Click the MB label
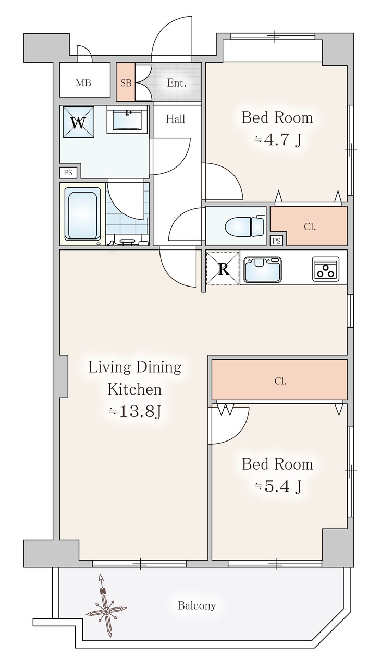(x=83, y=82)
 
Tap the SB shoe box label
(x=126, y=82)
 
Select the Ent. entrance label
(x=177, y=82)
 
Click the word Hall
(x=176, y=119)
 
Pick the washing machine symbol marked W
(x=79, y=122)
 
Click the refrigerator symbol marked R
(x=224, y=268)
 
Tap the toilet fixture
(x=245, y=226)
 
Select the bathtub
(x=84, y=214)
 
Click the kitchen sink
(x=263, y=269)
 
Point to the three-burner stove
(x=326, y=269)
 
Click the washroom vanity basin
(x=127, y=120)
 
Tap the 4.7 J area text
(x=277, y=140)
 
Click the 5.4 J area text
(x=278, y=486)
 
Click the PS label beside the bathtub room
(x=68, y=173)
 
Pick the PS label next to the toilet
(x=277, y=241)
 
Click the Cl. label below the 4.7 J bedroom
(x=310, y=227)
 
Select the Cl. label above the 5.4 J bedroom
(x=280, y=381)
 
